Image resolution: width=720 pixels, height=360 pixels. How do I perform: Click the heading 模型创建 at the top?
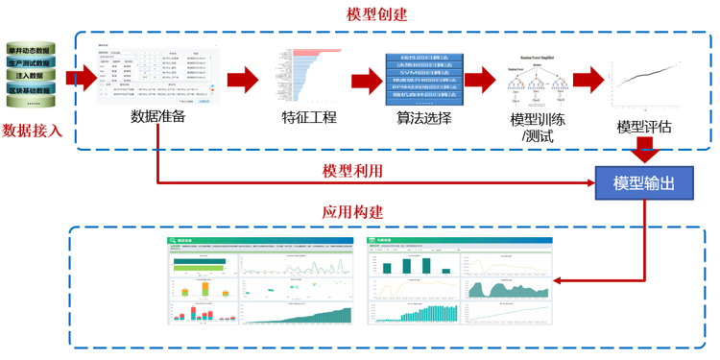point(377,14)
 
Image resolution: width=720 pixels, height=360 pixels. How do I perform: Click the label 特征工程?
point(309,118)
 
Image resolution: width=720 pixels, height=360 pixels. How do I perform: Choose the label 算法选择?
point(423,118)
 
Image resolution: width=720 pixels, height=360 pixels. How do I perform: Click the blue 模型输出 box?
point(643,182)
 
